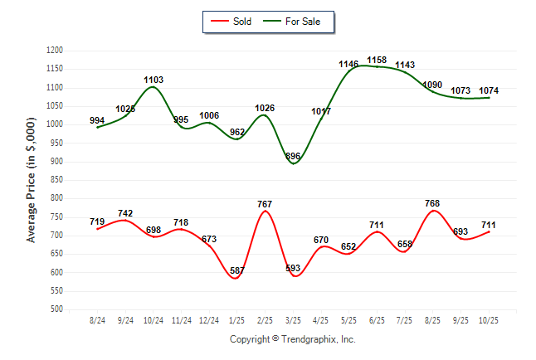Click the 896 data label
[x=293, y=156]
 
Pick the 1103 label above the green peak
[x=153, y=80]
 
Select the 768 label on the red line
[x=432, y=202]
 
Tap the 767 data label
[x=266, y=203]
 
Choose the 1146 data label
[x=348, y=64]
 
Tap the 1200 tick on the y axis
[x=55, y=51]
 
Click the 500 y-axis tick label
[x=57, y=309]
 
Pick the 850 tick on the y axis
[x=57, y=180]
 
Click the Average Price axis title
[x=32, y=180]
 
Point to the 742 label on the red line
[x=125, y=213]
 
